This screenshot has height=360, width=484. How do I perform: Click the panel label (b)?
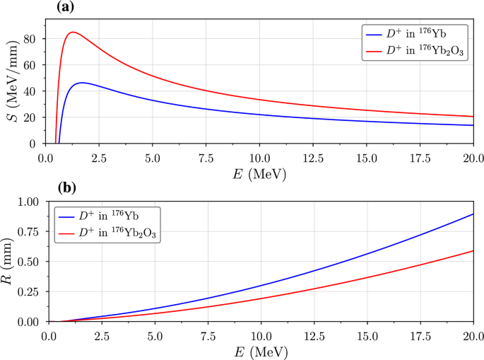tap(66, 188)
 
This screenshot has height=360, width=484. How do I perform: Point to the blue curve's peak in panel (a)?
tap(82, 83)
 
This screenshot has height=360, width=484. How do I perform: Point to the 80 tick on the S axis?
tap(30, 40)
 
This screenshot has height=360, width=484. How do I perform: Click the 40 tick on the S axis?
tap(30, 91)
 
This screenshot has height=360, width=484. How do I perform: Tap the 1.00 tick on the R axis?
tap(26, 202)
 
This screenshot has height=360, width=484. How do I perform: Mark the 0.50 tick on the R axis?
tap(26, 262)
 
